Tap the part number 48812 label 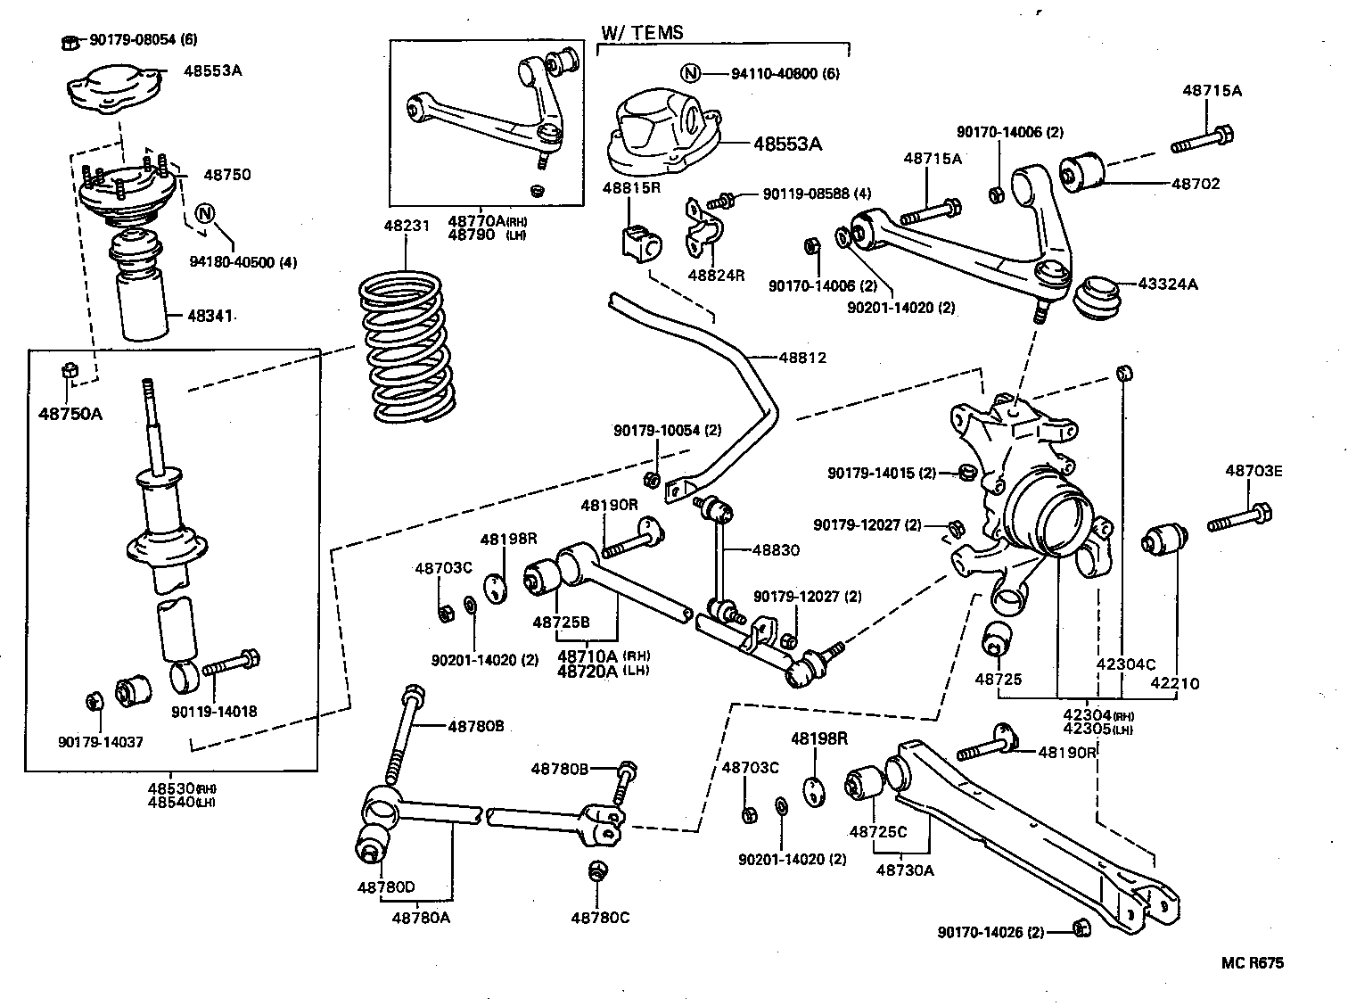click(802, 358)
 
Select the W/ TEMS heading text click(642, 32)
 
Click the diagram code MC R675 click(1253, 963)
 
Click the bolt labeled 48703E click(1240, 518)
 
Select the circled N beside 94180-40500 click(205, 213)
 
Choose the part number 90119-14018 click(214, 712)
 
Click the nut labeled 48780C click(598, 870)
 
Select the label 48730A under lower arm click(905, 870)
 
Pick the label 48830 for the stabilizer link click(775, 550)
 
